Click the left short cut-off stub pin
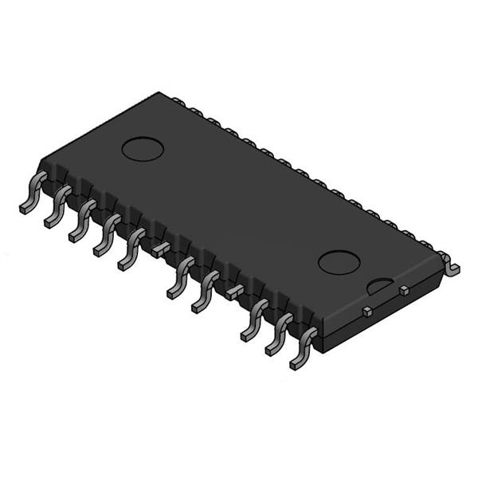point(162,249)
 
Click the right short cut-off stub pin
point(234,292)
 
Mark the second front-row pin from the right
point(278,335)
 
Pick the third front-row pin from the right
point(253,321)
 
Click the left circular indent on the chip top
point(143,149)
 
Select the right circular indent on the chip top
point(339,262)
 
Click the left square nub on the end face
point(367,311)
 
